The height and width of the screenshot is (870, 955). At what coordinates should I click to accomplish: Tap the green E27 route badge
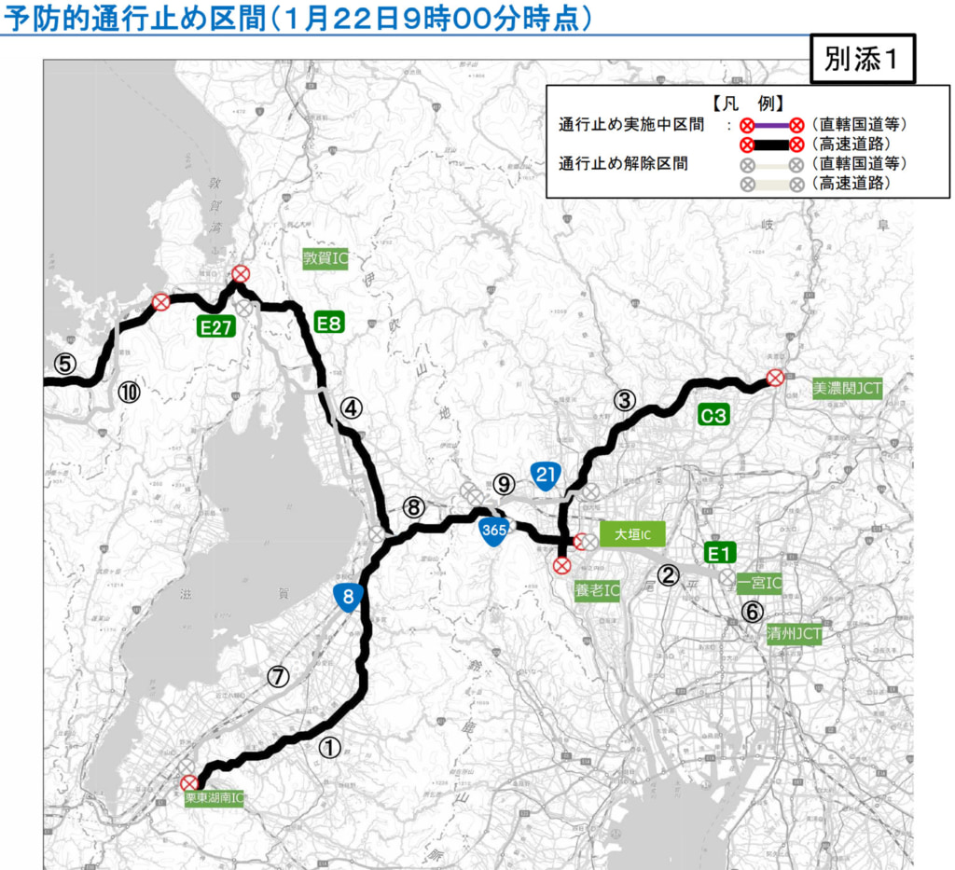pos(215,326)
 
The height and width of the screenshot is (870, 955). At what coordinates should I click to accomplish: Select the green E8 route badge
pos(330,324)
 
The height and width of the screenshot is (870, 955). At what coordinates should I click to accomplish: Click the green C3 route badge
pos(713,416)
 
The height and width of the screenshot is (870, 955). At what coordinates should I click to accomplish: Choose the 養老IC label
pos(597,590)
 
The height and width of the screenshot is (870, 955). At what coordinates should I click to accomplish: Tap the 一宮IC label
pos(759,584)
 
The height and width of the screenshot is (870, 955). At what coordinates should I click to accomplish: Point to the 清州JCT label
pos(795,634)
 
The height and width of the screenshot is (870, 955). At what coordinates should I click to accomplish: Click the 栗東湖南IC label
pos(214,798)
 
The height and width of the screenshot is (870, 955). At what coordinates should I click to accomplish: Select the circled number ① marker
pos(330,746)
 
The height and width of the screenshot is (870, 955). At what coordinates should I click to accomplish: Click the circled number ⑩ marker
pos(129,392)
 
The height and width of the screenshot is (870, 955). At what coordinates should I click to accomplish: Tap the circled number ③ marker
pos(624,400)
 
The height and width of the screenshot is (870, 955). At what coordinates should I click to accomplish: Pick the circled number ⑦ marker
pos(278,676)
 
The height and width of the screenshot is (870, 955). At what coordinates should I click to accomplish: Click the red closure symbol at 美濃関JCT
pos(774,377)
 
